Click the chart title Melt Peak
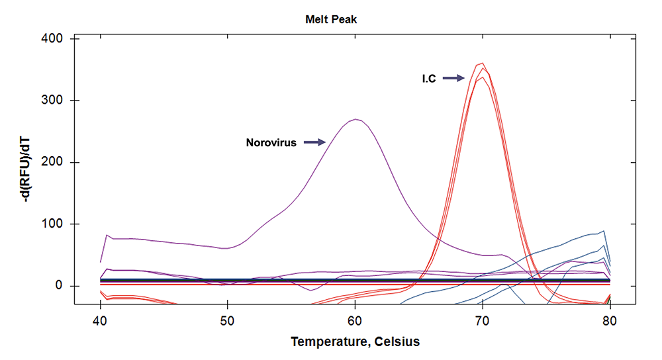[330, 20]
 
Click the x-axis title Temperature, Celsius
[355, 342]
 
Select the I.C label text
[429, 79]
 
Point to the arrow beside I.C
[454, 78]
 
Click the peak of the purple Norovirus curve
[356, 119]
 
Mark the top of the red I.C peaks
[482, 64]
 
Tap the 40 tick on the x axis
[101, 318]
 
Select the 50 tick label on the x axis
[228, 318]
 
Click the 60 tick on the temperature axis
[355, 318]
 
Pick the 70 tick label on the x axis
[483, 318]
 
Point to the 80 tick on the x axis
[610, 318]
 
